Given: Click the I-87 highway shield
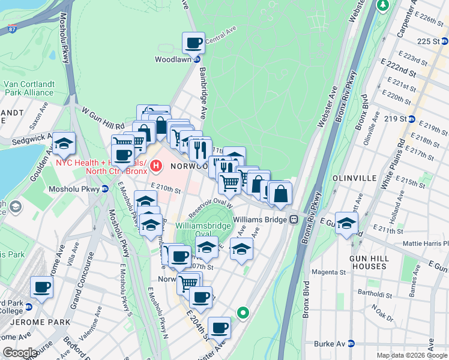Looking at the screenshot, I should pos(8,26).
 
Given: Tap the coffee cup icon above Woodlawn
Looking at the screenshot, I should pos(193,43).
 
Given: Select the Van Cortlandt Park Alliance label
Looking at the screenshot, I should pos(29,88).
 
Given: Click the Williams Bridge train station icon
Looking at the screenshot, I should pos(294,220).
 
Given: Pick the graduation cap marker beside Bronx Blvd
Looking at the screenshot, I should pos(347,224).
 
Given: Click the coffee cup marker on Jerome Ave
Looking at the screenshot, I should pos(42,287).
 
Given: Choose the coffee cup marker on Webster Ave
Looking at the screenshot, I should pos(219,328).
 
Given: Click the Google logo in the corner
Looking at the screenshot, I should pos(19,353).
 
